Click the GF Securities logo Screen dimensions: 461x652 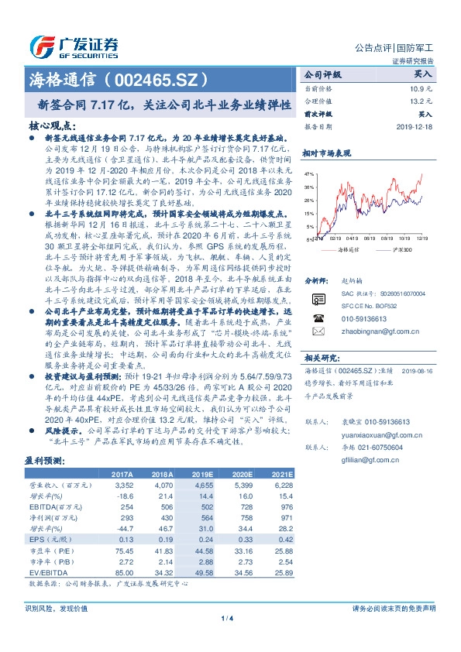[x=74, y=45]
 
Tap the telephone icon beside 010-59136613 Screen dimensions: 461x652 [x=316, y=317]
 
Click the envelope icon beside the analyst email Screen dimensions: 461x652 [x=316, y=330]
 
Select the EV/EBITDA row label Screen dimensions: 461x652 [x=46, y=571]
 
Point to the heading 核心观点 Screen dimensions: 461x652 [x=52, y=124]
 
